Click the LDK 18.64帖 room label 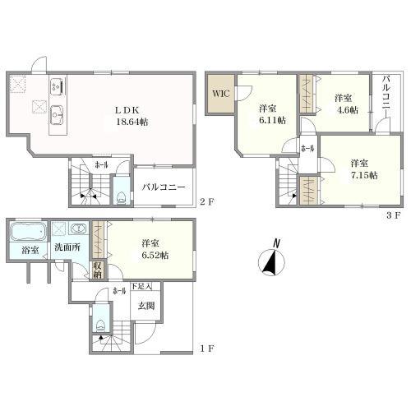pos(132,116)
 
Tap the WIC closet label pos(221,94)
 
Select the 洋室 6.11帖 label pos(272,114)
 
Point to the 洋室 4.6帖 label pos(346,104)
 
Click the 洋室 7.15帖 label pos(364,169)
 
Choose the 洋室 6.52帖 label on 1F pos(155,249)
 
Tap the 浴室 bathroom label pos(30,250)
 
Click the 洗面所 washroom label pos(67,247)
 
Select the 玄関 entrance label pos(145,306)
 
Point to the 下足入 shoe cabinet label pos(141,287)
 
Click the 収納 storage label pos(97,270)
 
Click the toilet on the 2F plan pos(122,198)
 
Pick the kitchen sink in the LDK pos(57,115)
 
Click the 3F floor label pos(394,215)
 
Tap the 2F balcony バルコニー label pos(164,187)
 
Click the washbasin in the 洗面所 pos(78,228)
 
